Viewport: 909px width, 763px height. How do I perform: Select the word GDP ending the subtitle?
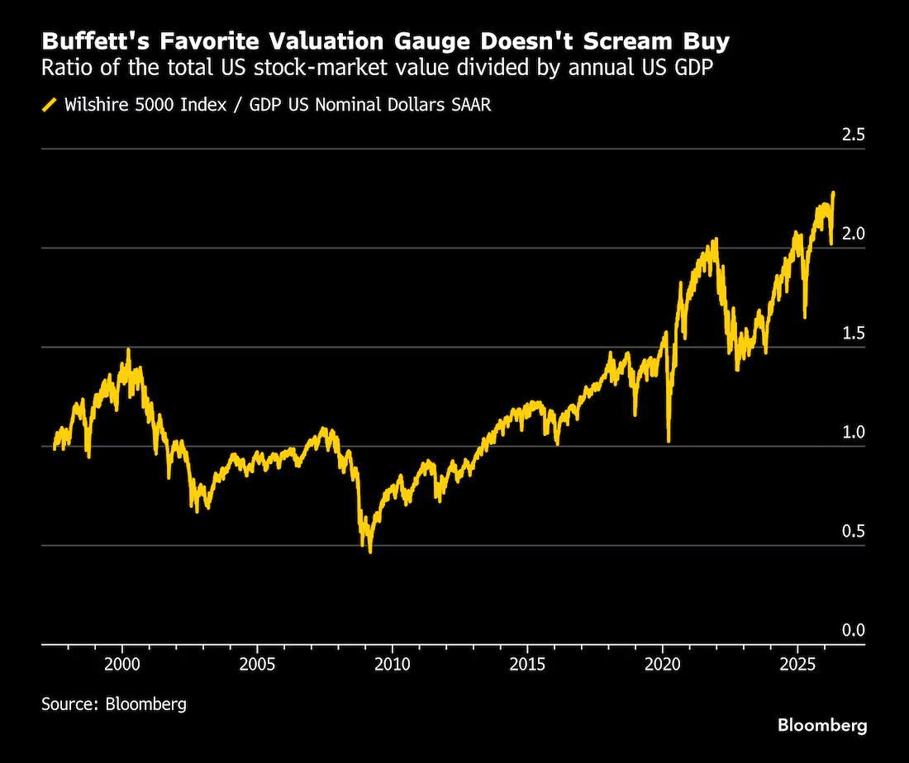(x=694, y=68)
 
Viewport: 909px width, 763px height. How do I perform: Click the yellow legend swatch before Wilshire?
(x=50, y=105)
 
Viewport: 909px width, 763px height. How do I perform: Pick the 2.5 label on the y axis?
(x=853, y=135)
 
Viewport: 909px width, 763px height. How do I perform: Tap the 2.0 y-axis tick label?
(x=853, y=234)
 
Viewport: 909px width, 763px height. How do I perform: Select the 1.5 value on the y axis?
(x=853, y=333)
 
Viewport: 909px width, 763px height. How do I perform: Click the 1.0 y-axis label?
(x=853, y=432)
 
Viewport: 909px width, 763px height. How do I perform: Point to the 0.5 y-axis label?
(x=853, y=531)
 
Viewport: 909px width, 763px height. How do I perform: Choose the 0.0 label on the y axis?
(x=853, y=630)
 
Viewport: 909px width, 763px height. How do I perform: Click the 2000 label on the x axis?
(x=122, y=664)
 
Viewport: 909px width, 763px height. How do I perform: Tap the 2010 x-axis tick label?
(x=393, y=664)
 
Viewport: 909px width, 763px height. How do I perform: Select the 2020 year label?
(x=663, y=664)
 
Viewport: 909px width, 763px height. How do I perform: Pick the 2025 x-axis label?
(x=797, y=664)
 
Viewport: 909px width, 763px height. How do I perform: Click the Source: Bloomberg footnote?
(x=114, y=704)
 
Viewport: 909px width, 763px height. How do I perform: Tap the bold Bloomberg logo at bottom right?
(x=822, y=725)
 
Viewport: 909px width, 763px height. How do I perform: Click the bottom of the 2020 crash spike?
(x=669, y=442)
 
